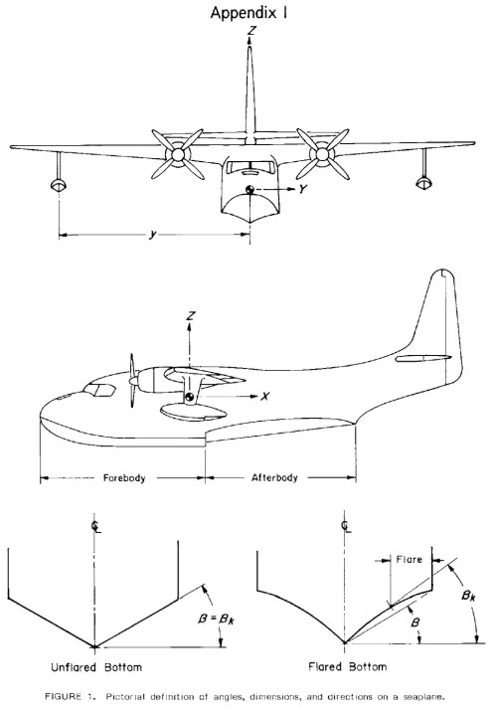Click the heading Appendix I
coord(248,13)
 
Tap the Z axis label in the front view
coord(251,31)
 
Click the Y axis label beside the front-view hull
coord(302,189)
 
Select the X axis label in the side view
coord(265,396)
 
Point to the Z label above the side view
coord(191,315)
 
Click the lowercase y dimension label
coord(153,234)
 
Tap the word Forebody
coord(124,477)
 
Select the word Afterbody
coord(274,477)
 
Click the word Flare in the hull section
coord(409,559)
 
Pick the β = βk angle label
coord(216,619)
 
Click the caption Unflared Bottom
coord(96,667)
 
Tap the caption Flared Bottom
coord(348,666)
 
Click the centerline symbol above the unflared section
coord(95,527)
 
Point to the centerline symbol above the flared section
coord(347,527)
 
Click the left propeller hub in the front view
coord(178,154)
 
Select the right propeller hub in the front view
coord(322,154)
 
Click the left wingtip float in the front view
coord(59,185)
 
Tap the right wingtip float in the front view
coord(423,183)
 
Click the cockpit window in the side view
coord(99,390)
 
